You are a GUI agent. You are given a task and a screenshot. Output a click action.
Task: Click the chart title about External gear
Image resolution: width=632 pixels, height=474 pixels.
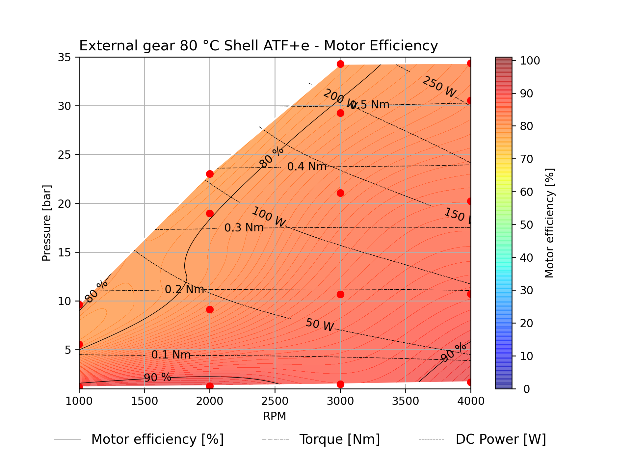coord(258,46)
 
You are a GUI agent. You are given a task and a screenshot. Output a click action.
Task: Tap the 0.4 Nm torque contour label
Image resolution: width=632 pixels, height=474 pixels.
coord(306,167)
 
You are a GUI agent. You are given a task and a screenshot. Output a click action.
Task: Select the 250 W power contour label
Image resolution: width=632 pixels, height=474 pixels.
coord(439,87)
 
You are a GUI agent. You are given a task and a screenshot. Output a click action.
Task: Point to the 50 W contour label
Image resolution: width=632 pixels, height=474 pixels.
coord(319,325)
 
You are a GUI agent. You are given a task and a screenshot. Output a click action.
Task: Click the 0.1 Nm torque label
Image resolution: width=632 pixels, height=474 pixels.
coord(171,355)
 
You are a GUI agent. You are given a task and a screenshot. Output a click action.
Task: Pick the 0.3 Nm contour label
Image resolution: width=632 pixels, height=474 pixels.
coord(244,228)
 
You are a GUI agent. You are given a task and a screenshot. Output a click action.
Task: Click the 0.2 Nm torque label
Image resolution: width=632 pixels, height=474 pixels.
coord(184,289)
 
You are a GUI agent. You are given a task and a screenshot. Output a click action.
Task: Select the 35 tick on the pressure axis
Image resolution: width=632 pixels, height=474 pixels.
coord(64,57)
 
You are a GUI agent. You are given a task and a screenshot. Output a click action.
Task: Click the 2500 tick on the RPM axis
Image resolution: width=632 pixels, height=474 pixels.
coord(275,401)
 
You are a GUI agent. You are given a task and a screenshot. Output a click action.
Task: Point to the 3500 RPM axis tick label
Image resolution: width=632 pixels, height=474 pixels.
coord(406,401)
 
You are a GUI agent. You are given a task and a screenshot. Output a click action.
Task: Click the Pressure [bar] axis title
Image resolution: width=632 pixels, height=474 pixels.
coord(46,223)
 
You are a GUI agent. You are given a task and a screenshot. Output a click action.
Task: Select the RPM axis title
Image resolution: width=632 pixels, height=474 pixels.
coord(275,416)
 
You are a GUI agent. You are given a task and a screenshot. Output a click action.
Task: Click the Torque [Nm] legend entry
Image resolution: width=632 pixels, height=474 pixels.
coord(339,439)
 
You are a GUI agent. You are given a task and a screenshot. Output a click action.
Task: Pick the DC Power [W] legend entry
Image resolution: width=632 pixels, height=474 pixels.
coord(500,439)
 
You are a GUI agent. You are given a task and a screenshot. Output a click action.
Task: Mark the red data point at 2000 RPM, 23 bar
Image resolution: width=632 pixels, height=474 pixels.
coord(210,174)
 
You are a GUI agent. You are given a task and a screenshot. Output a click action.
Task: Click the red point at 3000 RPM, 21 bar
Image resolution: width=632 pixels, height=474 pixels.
coord(340,193)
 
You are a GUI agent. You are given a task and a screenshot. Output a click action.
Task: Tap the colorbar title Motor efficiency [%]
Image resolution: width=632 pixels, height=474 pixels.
coord(549,223)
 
